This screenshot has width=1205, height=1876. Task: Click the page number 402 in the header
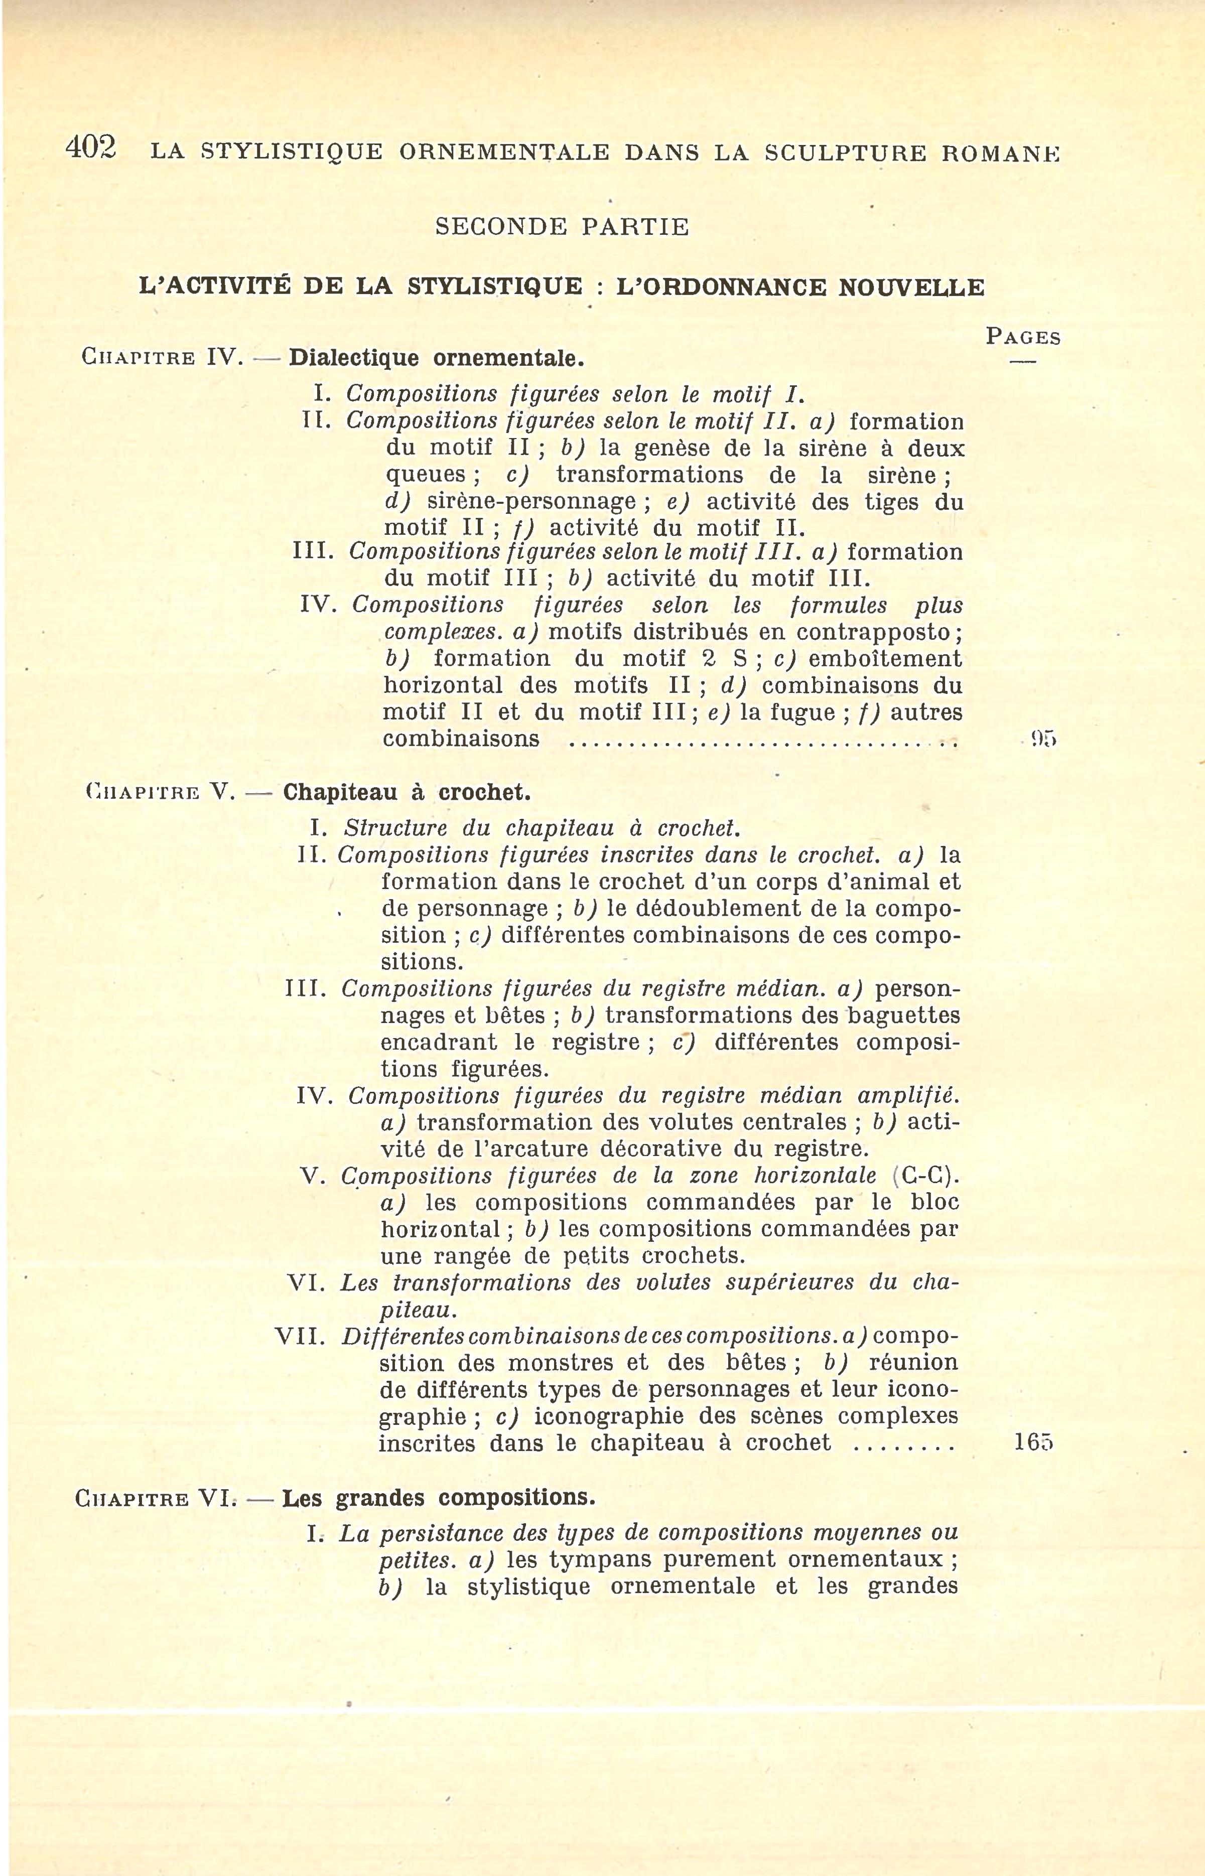click(x=91, y=148)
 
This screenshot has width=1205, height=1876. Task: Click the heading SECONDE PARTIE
click(x=562, y=228)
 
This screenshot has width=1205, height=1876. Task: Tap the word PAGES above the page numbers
click(x=1023, y=337)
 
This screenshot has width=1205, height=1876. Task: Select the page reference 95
click(x=1043, y=739)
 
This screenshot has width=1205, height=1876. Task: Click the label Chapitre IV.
click(x=162, y=358)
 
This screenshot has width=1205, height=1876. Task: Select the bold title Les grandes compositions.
click(x=438, y=1498)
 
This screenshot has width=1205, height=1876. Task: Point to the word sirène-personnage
click(x=530, y=501)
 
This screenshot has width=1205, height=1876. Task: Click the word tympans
click(x=599, y=1560)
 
